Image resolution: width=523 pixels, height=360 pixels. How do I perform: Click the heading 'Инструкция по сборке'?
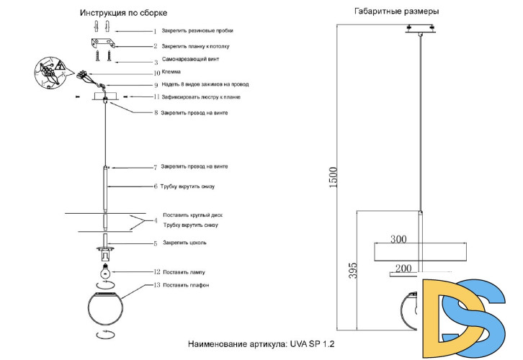(124, 14)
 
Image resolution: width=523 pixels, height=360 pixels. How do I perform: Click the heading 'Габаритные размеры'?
(397, 12)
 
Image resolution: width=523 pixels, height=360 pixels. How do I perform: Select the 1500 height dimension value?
(333, 178)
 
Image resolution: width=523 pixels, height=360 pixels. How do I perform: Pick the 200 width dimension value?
(403, 268)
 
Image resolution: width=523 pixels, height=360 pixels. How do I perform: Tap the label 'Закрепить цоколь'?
(184, 243)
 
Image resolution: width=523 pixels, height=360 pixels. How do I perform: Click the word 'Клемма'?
(171, 72)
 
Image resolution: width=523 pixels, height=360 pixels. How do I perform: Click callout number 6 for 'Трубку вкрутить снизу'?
(156, 186)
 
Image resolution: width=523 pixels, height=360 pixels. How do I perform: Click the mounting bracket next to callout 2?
(102, 45)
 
